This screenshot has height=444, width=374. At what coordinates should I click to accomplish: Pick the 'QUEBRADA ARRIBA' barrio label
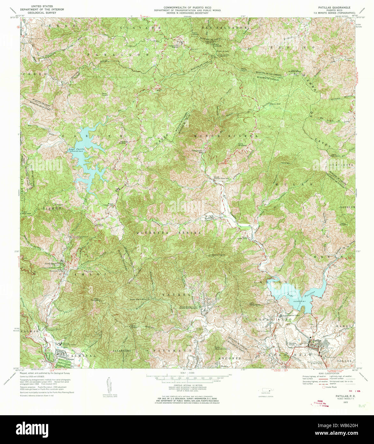pos(169,233)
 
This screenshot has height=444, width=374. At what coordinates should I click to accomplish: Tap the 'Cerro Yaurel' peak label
pos(215,255)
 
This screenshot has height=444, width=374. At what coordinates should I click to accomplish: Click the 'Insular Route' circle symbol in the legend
pos(324,387)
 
